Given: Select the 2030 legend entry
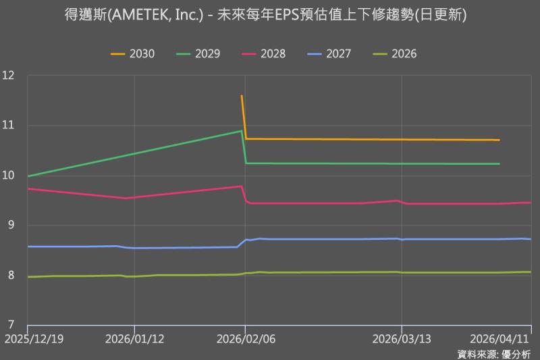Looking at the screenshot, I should [133, 53].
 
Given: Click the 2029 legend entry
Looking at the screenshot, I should [198, 53].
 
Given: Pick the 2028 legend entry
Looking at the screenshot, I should [264, 53].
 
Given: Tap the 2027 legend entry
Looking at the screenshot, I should [329, 53].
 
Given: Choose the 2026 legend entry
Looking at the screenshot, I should [395, 53].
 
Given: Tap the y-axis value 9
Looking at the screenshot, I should [11, 226].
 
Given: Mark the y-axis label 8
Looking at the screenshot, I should [11, 276].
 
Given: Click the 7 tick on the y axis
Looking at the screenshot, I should [11, 326].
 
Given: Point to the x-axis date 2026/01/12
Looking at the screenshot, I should [134, 338].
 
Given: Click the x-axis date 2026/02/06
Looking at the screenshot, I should [244, 338].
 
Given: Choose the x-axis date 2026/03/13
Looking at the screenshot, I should [402, 338].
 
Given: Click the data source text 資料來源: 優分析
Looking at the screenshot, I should [494, 353].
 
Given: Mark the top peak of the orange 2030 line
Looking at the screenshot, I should [242, 96].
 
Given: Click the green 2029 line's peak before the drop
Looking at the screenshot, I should [241, 130].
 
